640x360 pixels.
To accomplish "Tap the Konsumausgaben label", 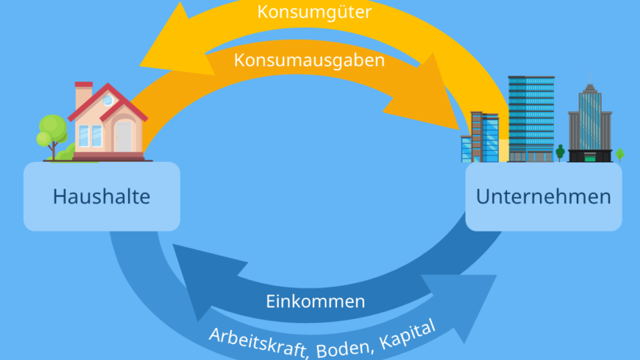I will pos(309,60).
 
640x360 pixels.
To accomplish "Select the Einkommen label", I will pos(315,301).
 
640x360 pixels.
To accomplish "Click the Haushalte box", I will pos(101,197).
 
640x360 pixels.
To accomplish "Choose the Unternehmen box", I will pos(543,197).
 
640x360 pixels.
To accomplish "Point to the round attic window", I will pos(108,100).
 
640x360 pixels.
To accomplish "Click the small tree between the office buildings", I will pos(560,151).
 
